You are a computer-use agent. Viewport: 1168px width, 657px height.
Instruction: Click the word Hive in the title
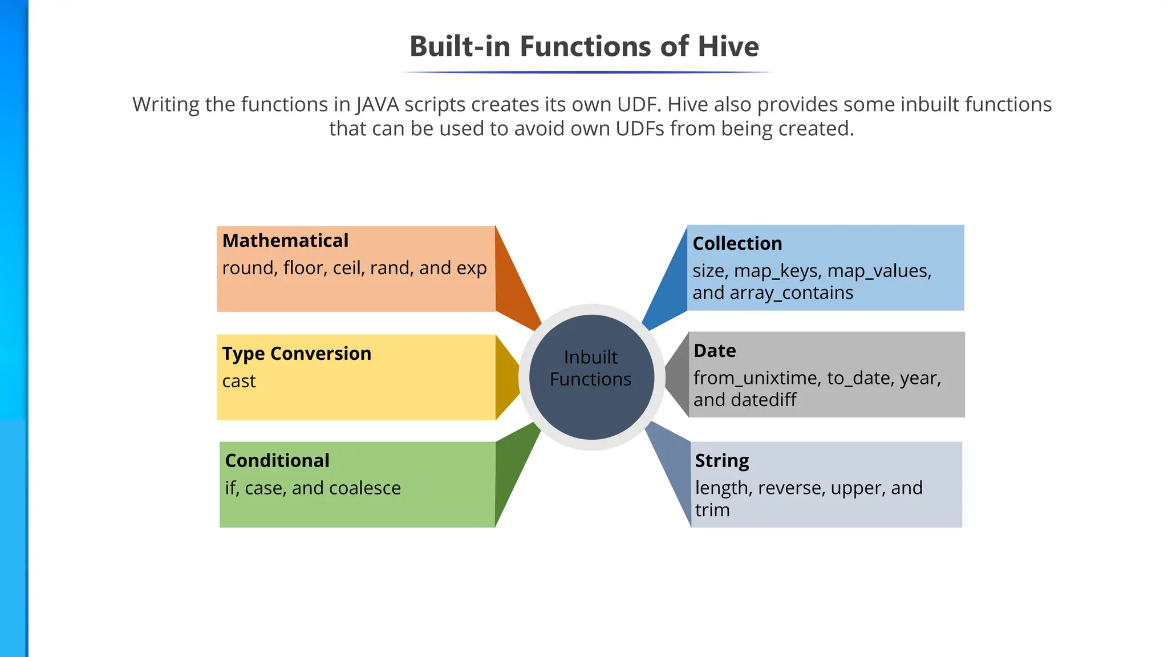point(728,47)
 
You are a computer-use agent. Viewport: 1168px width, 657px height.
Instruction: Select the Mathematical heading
point(285,241)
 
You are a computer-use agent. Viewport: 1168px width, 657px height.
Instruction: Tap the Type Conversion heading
point(297,354)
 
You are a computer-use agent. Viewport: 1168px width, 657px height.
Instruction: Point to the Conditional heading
point(277,461)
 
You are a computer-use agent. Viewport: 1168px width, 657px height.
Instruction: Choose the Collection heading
point(737,244)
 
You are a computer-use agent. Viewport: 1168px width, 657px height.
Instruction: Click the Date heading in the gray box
point(715,351)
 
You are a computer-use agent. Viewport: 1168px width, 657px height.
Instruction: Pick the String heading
point(722,461)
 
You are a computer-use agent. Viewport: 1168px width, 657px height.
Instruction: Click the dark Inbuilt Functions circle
point(591,377)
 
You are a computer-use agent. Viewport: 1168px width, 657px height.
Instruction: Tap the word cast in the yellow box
point(239,381)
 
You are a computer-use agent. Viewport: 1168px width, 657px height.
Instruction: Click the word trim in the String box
point(712,510)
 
